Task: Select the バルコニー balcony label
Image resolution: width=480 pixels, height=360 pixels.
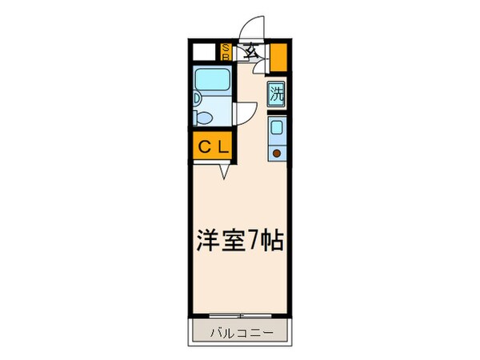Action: coord(241,331)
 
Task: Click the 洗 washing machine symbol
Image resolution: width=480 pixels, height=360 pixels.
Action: coord(276,93)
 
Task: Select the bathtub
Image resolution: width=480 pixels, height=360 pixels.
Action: coord(213,82)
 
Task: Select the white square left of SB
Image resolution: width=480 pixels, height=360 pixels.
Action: coord(206,53)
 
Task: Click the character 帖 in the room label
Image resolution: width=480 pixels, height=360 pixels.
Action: coord(272,241)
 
